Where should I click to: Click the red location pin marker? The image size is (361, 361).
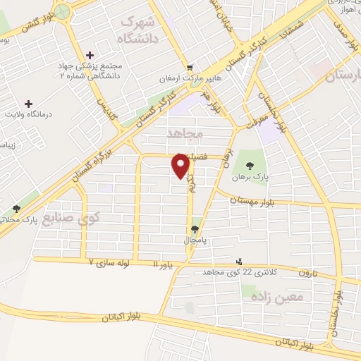coord(181,166)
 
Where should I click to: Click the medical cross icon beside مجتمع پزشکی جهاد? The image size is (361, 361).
coord(90,55)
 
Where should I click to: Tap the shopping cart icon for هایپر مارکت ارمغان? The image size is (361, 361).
coord(188,66)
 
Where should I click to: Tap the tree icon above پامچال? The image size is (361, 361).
coord(195,228)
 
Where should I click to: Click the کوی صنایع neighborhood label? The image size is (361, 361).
coord(71,219)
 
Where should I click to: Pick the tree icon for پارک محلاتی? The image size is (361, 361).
coord(16,209)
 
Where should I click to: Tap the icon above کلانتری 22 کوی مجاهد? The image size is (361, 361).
coord(239,261)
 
